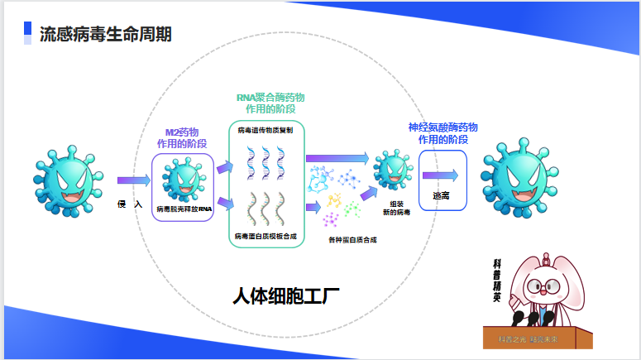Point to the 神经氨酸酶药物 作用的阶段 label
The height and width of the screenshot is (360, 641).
442,132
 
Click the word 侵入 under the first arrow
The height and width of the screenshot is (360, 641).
131,204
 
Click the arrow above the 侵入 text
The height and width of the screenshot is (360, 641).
134,180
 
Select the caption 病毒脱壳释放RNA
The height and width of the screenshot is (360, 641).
184,209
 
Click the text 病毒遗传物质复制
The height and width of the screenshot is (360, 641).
265,130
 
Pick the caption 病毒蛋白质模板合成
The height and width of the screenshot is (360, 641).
265,237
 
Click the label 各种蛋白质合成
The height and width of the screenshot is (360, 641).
352,240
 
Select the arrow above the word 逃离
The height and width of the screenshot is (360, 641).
440,175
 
